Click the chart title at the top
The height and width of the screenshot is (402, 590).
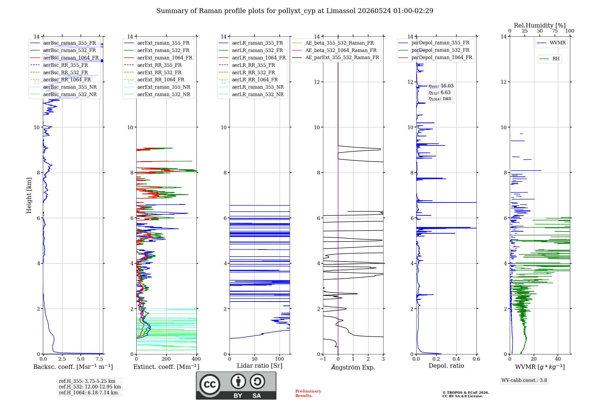coord(295,11)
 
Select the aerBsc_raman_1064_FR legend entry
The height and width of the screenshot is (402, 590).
coord(64,58)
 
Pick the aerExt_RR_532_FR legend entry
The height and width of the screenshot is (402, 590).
coord(153,72)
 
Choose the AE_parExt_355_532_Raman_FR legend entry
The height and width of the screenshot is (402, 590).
coord(336,57)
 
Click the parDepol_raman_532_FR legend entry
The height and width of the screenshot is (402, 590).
coord(434,50)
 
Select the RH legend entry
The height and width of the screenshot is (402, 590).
coord(549,59)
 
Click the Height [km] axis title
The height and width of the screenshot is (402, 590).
coord(29,195)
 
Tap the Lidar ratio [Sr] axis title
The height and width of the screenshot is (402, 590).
coord(260,366)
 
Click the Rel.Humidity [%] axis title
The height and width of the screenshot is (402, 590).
coord(540,25)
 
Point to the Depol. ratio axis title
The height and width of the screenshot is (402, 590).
coord(446,366)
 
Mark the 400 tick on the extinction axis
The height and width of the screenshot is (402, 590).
coord(196,359)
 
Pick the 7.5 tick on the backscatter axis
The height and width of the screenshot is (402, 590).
coord(99,359)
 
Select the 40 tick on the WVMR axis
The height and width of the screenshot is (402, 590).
coord(558,359)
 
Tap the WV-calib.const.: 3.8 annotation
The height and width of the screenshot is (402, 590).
coord(524,380)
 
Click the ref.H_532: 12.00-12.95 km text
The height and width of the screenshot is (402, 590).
coord(90,387)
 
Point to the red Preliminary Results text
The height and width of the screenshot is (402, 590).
coord(308,393)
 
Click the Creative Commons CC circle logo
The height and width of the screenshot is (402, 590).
coord(210,385)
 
